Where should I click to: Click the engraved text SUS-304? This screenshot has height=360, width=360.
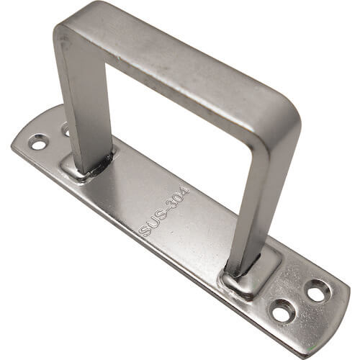pos(165,211)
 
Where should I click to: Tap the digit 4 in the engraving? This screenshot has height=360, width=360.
pos(186,191)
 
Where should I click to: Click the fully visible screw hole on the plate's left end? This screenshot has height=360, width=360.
pos(38,143)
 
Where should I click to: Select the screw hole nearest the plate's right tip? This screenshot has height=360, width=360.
pos(318,291)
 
